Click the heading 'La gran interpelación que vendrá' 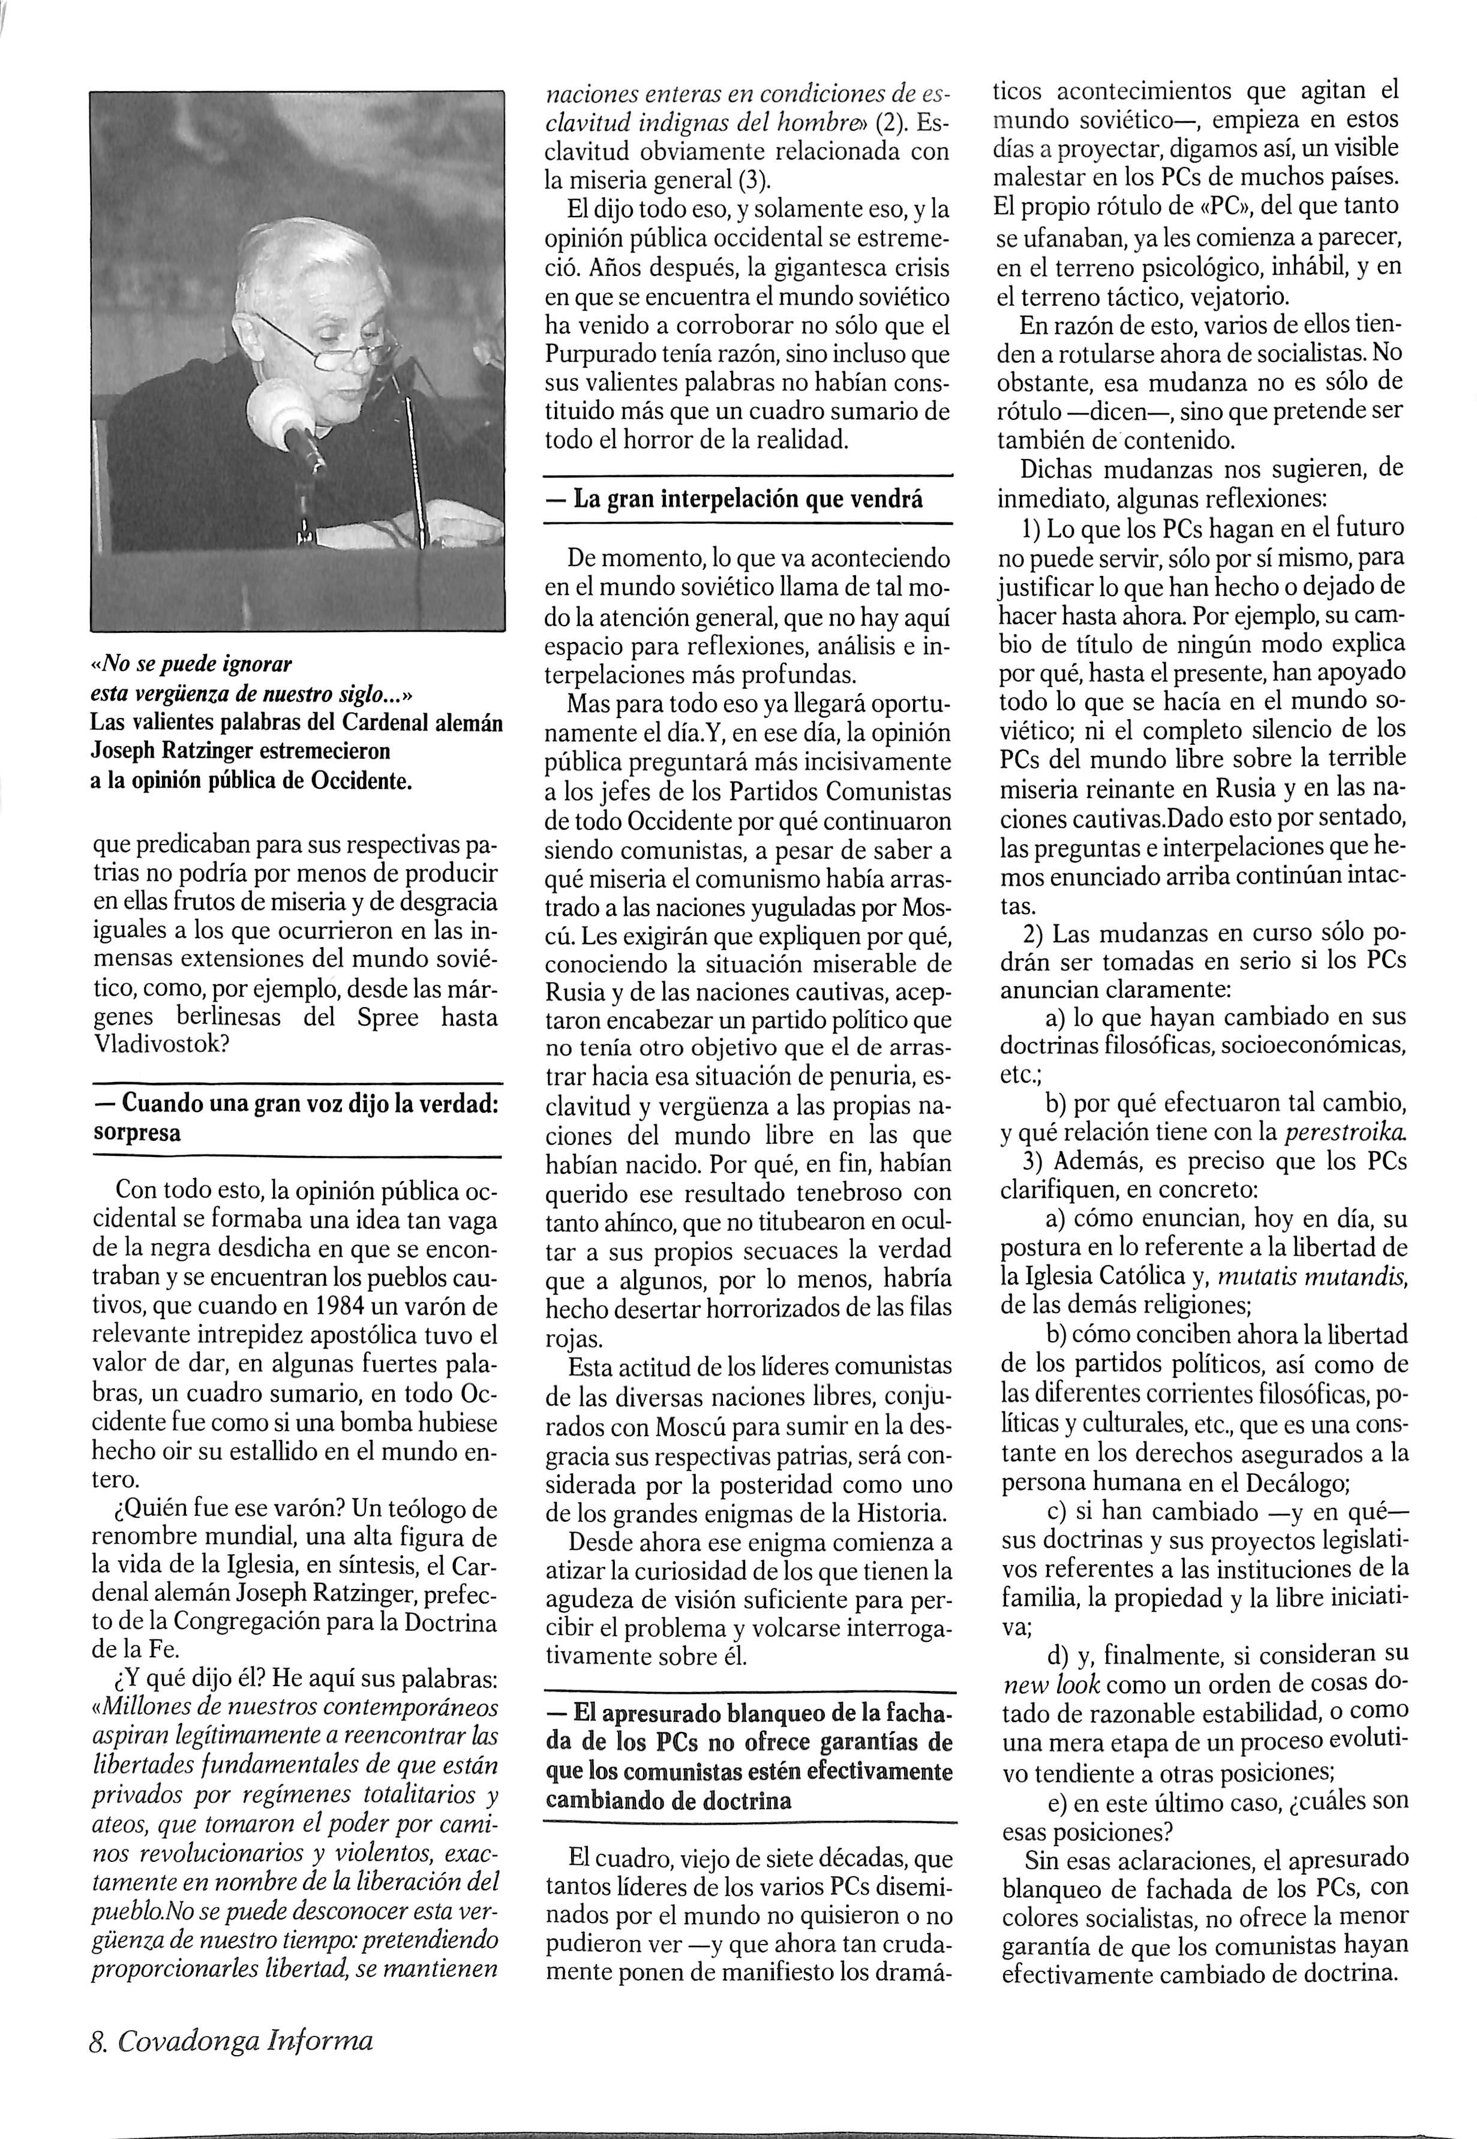pyautogui.click(x=747, y=500)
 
